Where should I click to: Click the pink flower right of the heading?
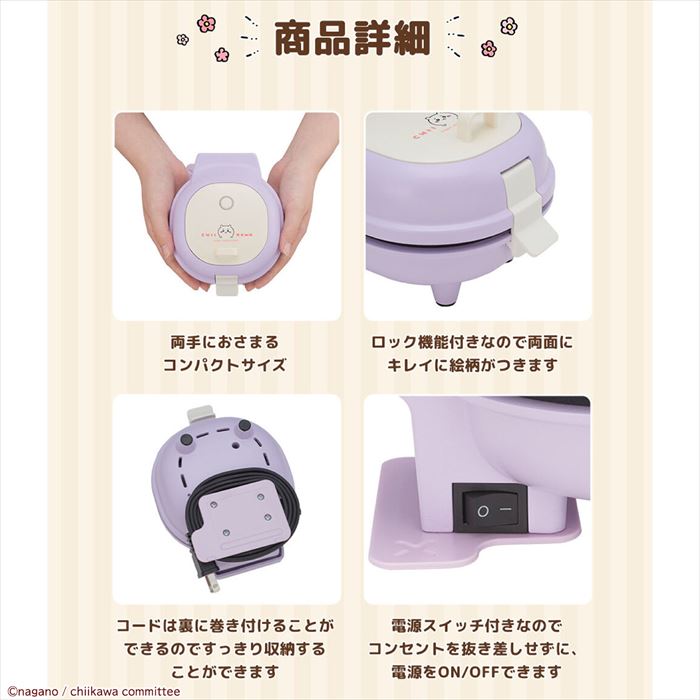[488, 48]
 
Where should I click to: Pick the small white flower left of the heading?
[182, 39]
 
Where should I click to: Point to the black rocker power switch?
[491, 509]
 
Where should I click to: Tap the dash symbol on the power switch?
[506, 510]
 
